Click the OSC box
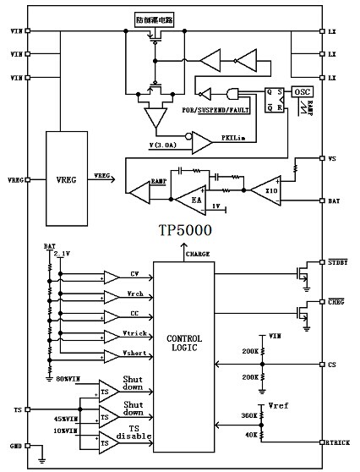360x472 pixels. (303, 91)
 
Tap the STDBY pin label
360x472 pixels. (337, 261)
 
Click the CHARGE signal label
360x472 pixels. (198, 253)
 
